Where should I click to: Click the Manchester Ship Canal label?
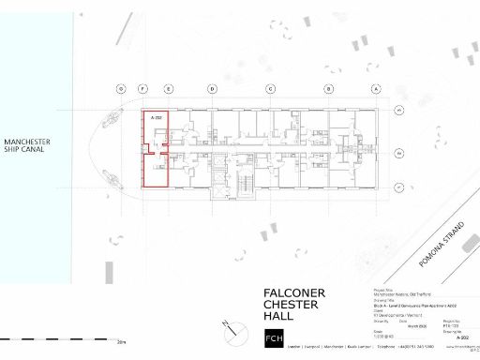point(27,145)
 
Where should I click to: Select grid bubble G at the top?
point(121,89)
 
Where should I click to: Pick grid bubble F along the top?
point(142,89)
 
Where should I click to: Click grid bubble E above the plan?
point(168,89)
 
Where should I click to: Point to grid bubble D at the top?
point(212,89)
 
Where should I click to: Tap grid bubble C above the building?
point(270,89)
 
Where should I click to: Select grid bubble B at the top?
point(329,89)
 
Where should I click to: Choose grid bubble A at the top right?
point(375,89)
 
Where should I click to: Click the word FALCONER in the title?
point(293,293)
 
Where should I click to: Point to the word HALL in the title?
point(278,317)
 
